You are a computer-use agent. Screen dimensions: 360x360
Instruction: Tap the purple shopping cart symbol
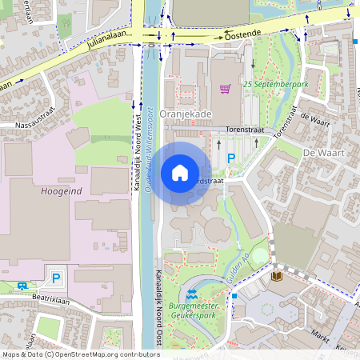pos(226,89)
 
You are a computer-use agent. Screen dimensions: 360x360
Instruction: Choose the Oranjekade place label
pos(186,114)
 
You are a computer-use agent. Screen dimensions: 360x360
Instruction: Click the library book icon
pos(277,276)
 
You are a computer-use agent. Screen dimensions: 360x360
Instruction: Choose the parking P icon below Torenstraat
pos(231,159)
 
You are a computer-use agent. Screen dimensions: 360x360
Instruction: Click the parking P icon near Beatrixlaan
pos(56,278)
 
